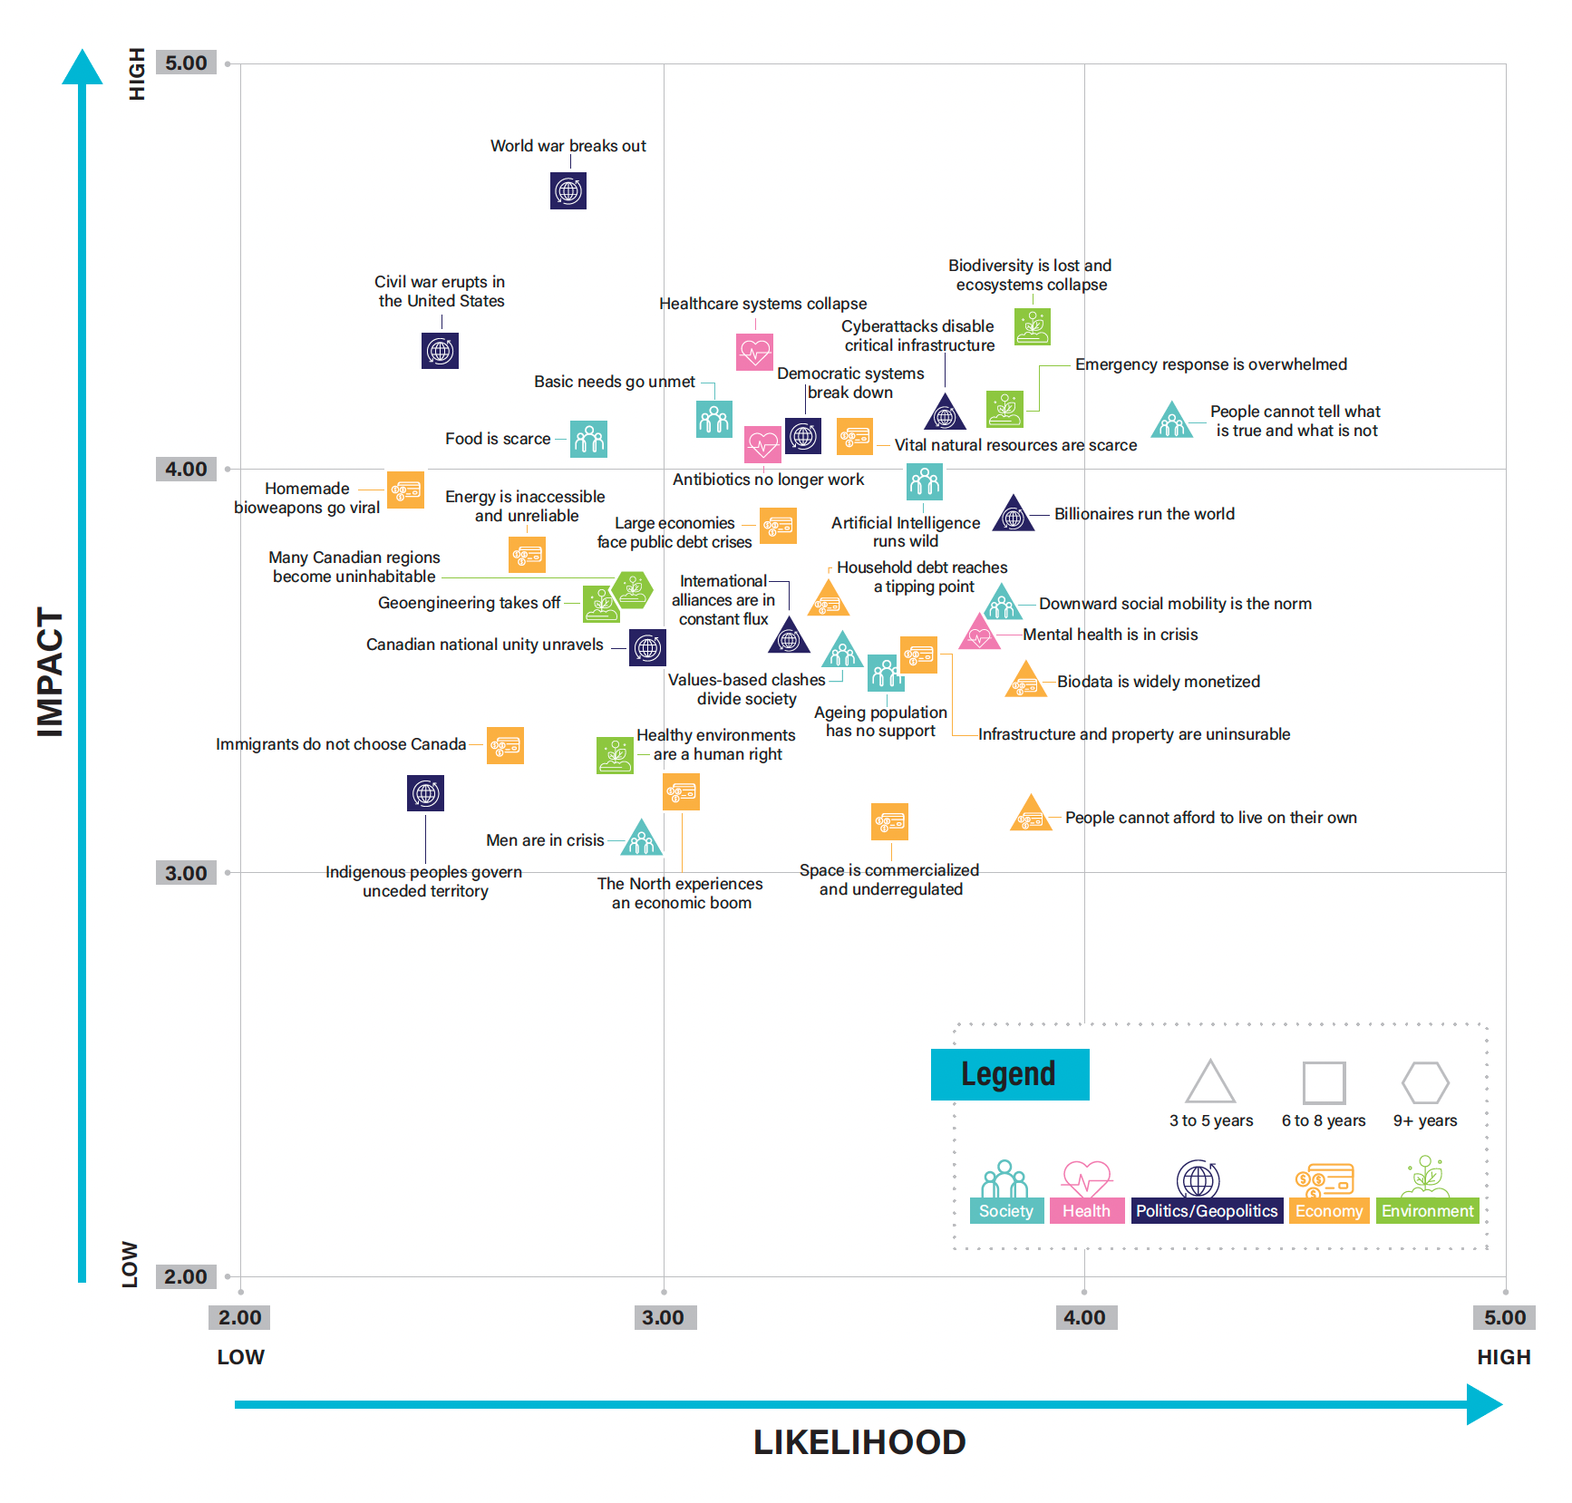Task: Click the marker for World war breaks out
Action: (x=568, y=191)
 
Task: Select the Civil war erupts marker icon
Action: (x=440, y=351)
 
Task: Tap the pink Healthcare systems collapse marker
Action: (x=754, y=352)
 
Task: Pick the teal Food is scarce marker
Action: (x=589, y=440)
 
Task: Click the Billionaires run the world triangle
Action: (x=1014, y=515)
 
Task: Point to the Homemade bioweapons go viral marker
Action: (x=405, y=490)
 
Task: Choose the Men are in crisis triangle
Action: (x=642, y=839)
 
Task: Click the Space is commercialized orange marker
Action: (x=889, y=822)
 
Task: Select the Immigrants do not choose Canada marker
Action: (x=505, y=746)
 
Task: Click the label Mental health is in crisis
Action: (x=1111, y=635)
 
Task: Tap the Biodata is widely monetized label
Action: (x=1159, y=682)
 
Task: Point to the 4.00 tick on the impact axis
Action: (x=186, y=469)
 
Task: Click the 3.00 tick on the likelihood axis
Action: (x=664, y=1317)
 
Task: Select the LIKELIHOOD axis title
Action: (x=859, y=1442)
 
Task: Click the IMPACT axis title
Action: (x=50, y=672)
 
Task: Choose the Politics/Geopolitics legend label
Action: (x=1207, y=1211)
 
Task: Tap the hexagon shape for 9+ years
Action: (x=1425, y=1082)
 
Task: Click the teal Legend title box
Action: (x=1010, y=1075)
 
